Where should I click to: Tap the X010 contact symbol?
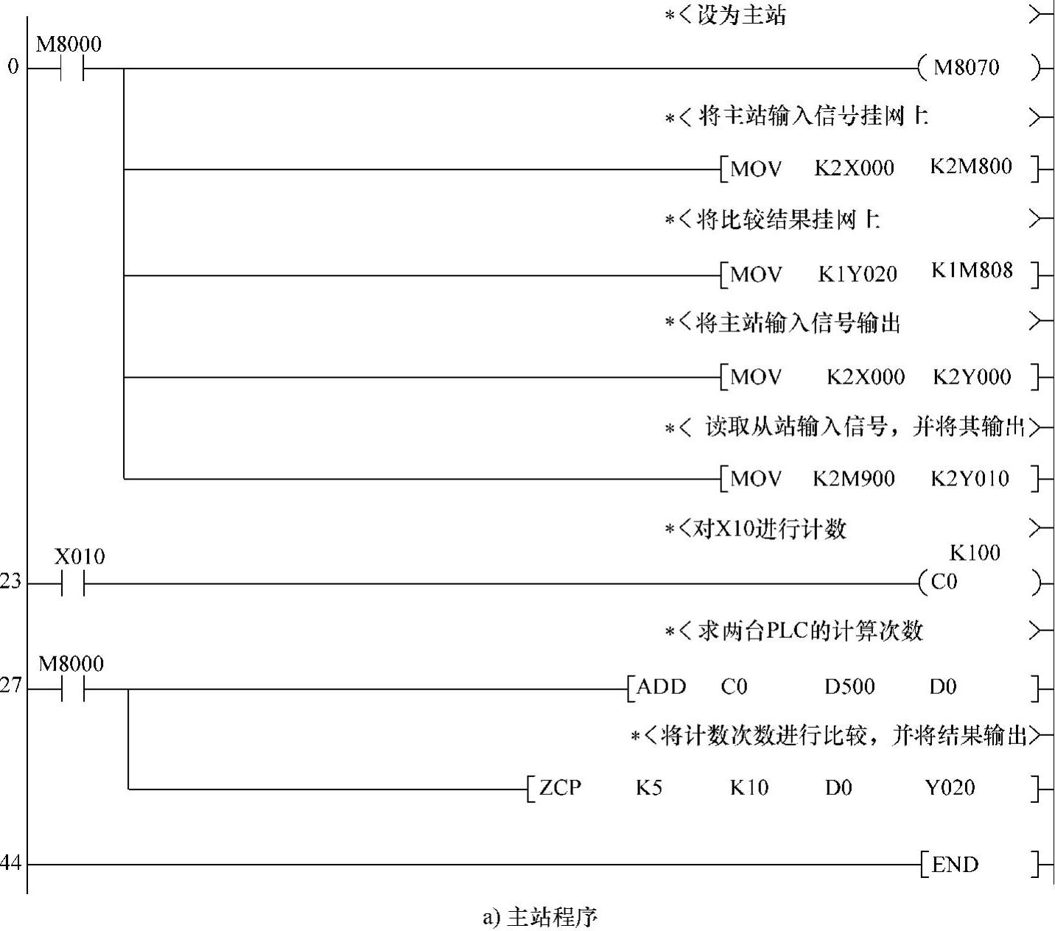(72, 584)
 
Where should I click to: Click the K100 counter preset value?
(974, 552)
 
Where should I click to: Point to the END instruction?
(955, 865)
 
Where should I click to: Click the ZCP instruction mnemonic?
(560, 788)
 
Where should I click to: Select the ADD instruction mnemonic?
(661, 687)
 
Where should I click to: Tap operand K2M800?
(970, 166)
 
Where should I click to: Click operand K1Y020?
(858, 275)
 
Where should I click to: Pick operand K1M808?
(972, 271)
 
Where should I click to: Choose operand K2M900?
(853, 479)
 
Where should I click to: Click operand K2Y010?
(970, 479)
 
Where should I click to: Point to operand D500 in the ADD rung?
(849, 687)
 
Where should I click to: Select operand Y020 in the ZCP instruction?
(950, 788)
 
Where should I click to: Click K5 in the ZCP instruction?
(648, 788)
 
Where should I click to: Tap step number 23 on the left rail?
(10, 582)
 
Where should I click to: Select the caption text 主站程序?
(553, 917)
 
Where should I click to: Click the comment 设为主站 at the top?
(740, 15)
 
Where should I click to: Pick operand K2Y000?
(971, 377)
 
